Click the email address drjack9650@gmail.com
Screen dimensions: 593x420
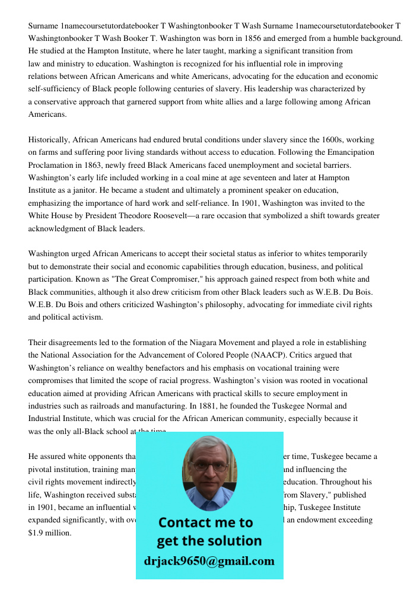[209, 561]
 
